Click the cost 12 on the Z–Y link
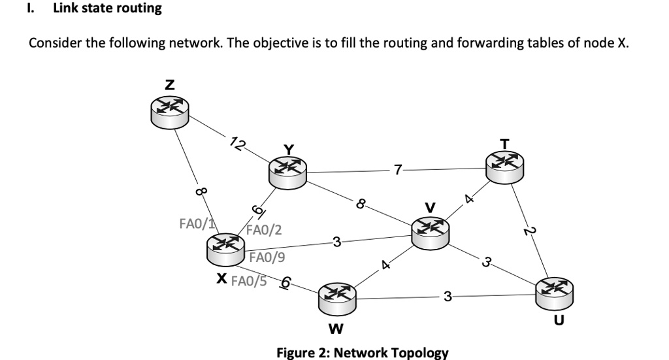click(x=238, y=144)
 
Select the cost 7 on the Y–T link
click(x=398, y=171)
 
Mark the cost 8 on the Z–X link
click(x=201, y=192)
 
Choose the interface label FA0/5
click(x=250, y=281)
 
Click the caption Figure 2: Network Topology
click(x=363, y=353)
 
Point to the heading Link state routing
click(x=107, y=8)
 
